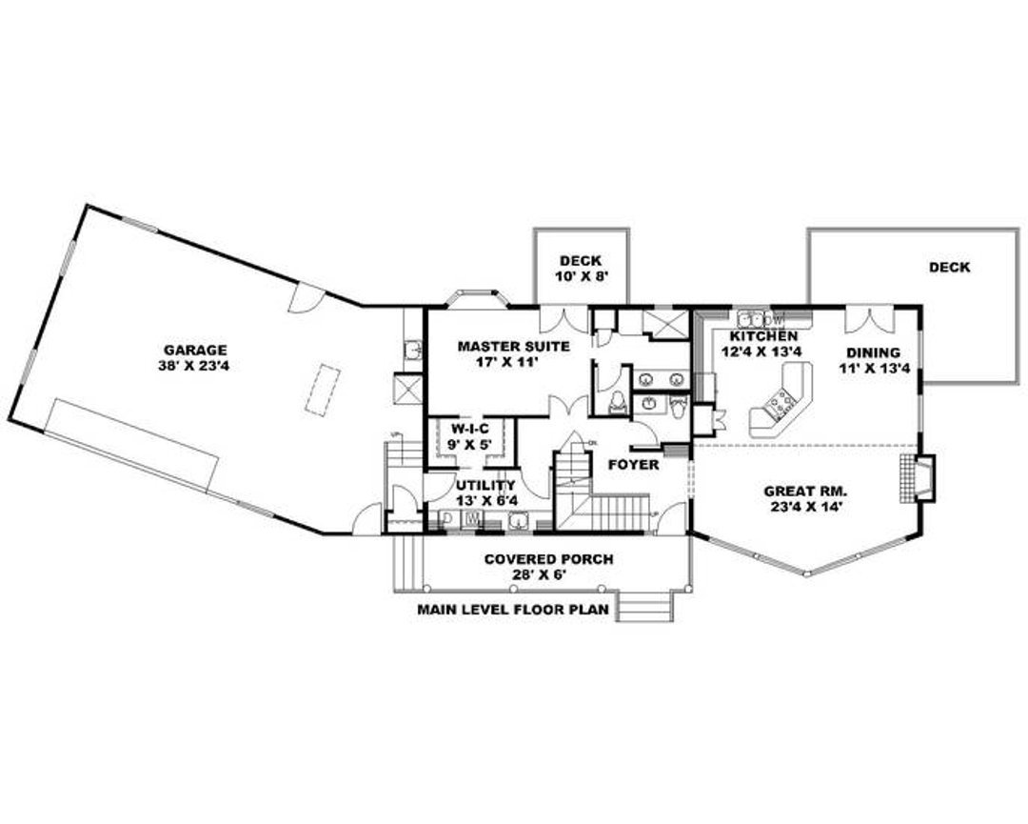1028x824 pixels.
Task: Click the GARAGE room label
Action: pos(194,350)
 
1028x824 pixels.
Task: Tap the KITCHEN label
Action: pos(763,337)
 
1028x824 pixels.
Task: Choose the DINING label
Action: pos(873,352)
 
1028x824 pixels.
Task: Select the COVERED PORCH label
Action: pos(548,559)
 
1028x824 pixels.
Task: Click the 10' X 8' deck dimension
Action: pos(581,276)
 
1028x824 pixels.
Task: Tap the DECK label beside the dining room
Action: pos(949,268)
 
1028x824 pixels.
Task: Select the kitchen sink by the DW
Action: pos(752,318)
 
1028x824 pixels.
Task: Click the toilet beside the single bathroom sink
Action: pos(678,408)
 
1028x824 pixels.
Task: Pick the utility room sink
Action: pos(518,520)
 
